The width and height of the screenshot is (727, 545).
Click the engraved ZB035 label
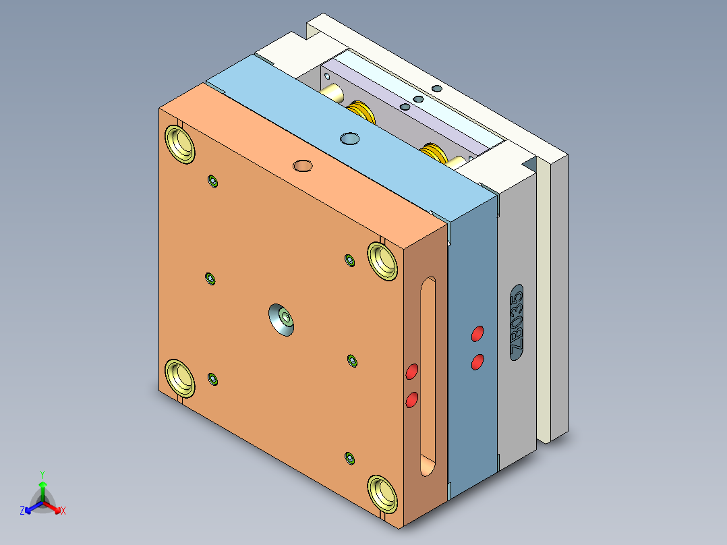517,322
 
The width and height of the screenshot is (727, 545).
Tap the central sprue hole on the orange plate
281,320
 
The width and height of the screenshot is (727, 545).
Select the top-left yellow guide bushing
180,144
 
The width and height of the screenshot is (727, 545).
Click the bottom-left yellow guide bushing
180,378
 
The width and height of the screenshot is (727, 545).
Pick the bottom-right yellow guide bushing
382,494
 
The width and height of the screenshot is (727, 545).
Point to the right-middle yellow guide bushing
382,261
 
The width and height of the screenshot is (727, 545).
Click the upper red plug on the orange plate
411,372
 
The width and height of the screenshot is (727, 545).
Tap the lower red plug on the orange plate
411,399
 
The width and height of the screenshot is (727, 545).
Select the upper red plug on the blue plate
477,334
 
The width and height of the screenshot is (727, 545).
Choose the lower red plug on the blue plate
477,362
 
